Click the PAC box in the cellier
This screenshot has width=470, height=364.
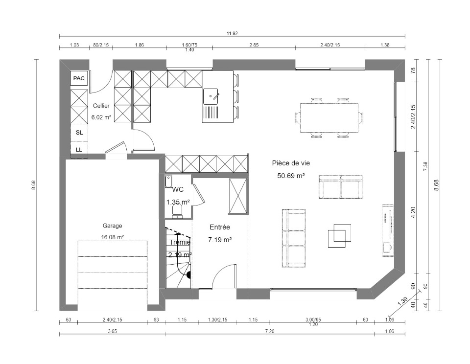click(79, 78)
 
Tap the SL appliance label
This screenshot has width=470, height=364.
click(79, 133)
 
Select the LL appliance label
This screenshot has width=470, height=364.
click(79, 150)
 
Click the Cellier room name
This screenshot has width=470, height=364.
click(101, 106)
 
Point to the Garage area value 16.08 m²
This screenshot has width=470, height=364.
click(113, 237)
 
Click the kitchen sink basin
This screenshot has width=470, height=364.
click(211, 96)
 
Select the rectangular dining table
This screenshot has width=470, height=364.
click(329, 118)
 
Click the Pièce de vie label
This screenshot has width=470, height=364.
click(291, 163)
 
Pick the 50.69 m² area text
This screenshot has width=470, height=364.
click(291, 176)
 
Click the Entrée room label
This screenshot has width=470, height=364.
click(220, 227)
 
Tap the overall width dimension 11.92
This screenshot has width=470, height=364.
click(232, 34)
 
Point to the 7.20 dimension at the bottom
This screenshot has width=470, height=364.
click(270, 331)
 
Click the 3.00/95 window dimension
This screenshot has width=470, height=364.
click(313, 319)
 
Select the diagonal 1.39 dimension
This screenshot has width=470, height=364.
click(402, 301)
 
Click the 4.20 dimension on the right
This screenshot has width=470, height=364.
click(413, 212)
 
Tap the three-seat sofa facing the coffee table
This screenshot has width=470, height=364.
click(294, 238)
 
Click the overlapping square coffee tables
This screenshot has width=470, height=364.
click(339, 235)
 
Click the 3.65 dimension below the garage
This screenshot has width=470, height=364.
click(113, 331)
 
